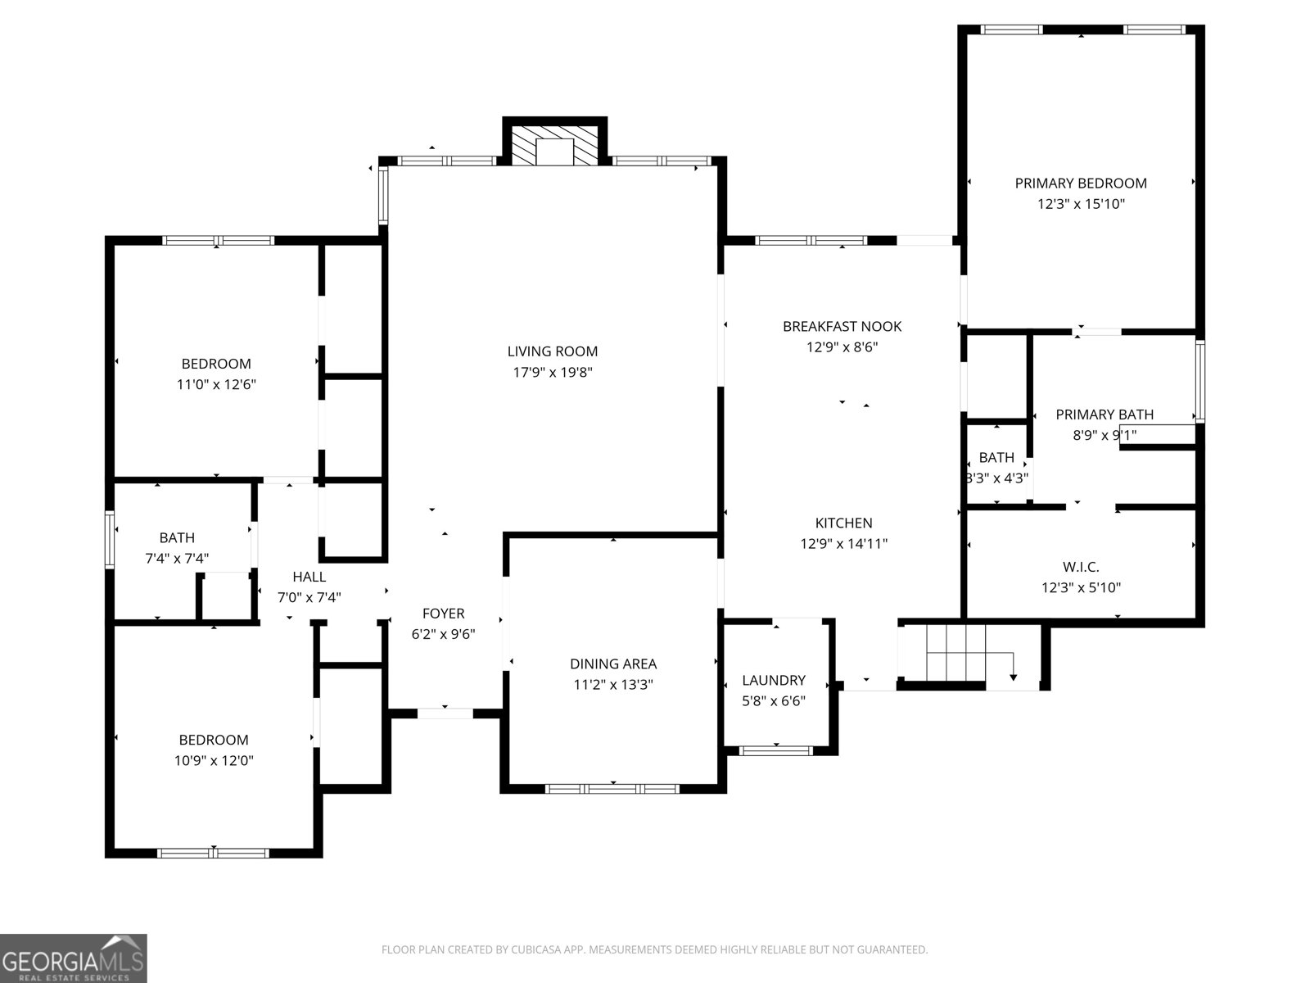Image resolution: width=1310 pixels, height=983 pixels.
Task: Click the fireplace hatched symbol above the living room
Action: [x=554, y=144]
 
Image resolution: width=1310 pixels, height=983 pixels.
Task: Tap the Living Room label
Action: [x=553, y=351]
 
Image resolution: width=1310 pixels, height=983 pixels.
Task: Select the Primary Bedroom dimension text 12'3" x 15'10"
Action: [x=1081, y=204]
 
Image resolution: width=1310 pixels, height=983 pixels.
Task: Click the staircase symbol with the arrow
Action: [x=970, y=653]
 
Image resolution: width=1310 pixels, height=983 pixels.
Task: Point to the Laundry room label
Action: [x=774, y=680]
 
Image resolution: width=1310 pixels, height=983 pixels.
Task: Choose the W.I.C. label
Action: [x=1081, y=567]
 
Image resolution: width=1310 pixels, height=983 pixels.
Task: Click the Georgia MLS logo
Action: [x=73, y=958]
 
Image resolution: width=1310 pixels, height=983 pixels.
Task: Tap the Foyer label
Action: [x=443, y=614]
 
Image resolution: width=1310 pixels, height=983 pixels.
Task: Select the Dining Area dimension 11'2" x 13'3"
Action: [x=613, y=685]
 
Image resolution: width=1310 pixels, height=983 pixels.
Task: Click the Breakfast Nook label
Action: [x=842, y=326]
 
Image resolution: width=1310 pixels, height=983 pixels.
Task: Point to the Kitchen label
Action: [x=843, y=523]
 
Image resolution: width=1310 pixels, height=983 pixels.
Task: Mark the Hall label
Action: [x=309, y=577]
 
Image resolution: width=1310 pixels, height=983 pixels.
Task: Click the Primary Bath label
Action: [x=1104, y=414]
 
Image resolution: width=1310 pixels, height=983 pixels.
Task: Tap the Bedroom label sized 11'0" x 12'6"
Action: [x=216, y=364]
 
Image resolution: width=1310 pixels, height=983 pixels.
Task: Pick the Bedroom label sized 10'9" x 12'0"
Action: [x=214, y=740]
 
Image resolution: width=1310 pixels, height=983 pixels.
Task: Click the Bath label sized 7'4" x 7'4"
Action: [x=177, y=537]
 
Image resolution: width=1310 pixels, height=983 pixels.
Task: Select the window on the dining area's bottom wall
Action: [x=612, y=788]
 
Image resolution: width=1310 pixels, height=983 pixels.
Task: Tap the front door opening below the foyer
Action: [x=445, y=713]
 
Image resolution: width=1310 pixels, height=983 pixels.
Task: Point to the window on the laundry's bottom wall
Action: [x=775, y=750]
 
